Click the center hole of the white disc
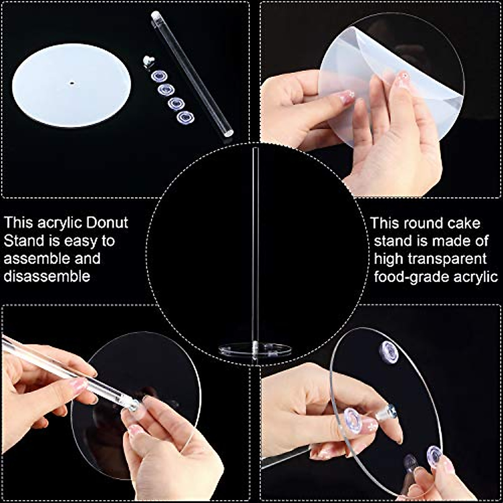(72, 83)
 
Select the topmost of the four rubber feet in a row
(159, 76)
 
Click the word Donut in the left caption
(107, 223)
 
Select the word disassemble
(47, 276)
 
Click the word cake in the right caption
(463, 223)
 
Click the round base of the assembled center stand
(255, 350)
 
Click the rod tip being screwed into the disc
(134, 404)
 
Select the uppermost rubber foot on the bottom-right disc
(389, 352)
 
